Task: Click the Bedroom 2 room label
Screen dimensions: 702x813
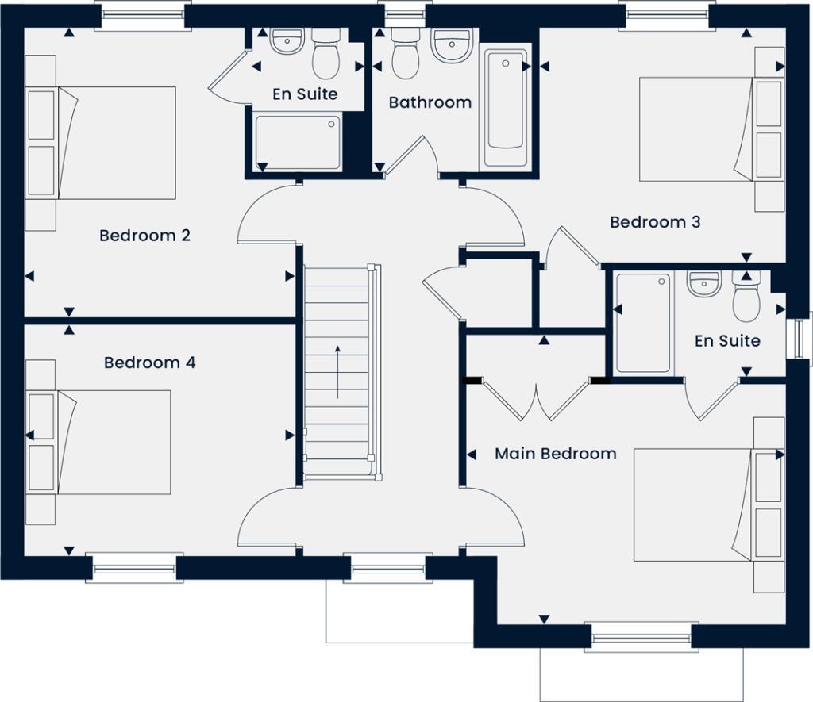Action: (144, 236)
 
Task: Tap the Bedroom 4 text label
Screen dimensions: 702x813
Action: (149, 363)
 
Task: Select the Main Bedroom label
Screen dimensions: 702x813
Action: (555, 454)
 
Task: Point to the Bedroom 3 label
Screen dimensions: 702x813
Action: (655, 222)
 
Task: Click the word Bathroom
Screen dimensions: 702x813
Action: (430, 102)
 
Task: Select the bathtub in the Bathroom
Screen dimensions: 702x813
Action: (506, 109)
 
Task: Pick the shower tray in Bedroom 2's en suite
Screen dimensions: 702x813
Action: (298, 143)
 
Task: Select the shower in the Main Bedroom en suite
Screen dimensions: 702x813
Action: (643, 323)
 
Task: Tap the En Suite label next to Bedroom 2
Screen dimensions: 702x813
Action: (305, 94)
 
